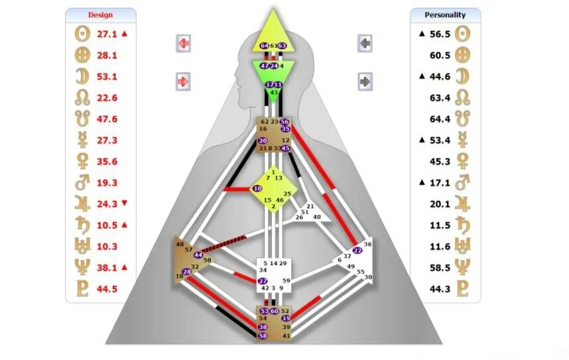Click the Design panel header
[x=101, y=15]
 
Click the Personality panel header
[x=445, y=15]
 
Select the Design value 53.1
[x=107, y=76]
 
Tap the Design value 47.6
[x=107, y=119]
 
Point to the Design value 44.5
[x=107, y=288]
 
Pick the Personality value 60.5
[x=440, y=55]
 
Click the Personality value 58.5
[x=440, y=267]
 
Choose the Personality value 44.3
[x=440, y=288]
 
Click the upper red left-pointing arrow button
[x=184, y=44]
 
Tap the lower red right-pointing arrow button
[x=184, y=82]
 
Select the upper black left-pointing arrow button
[x=365, y=44]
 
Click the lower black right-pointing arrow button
[x=365, y=82]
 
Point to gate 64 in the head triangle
[x=265, y=46]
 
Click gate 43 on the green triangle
[x=274, y=93]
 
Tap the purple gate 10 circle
[x=257, y=189]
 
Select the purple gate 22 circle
[x=358, y=251]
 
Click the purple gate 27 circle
[x=263, y=280]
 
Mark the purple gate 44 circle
[x=198, y=255]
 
